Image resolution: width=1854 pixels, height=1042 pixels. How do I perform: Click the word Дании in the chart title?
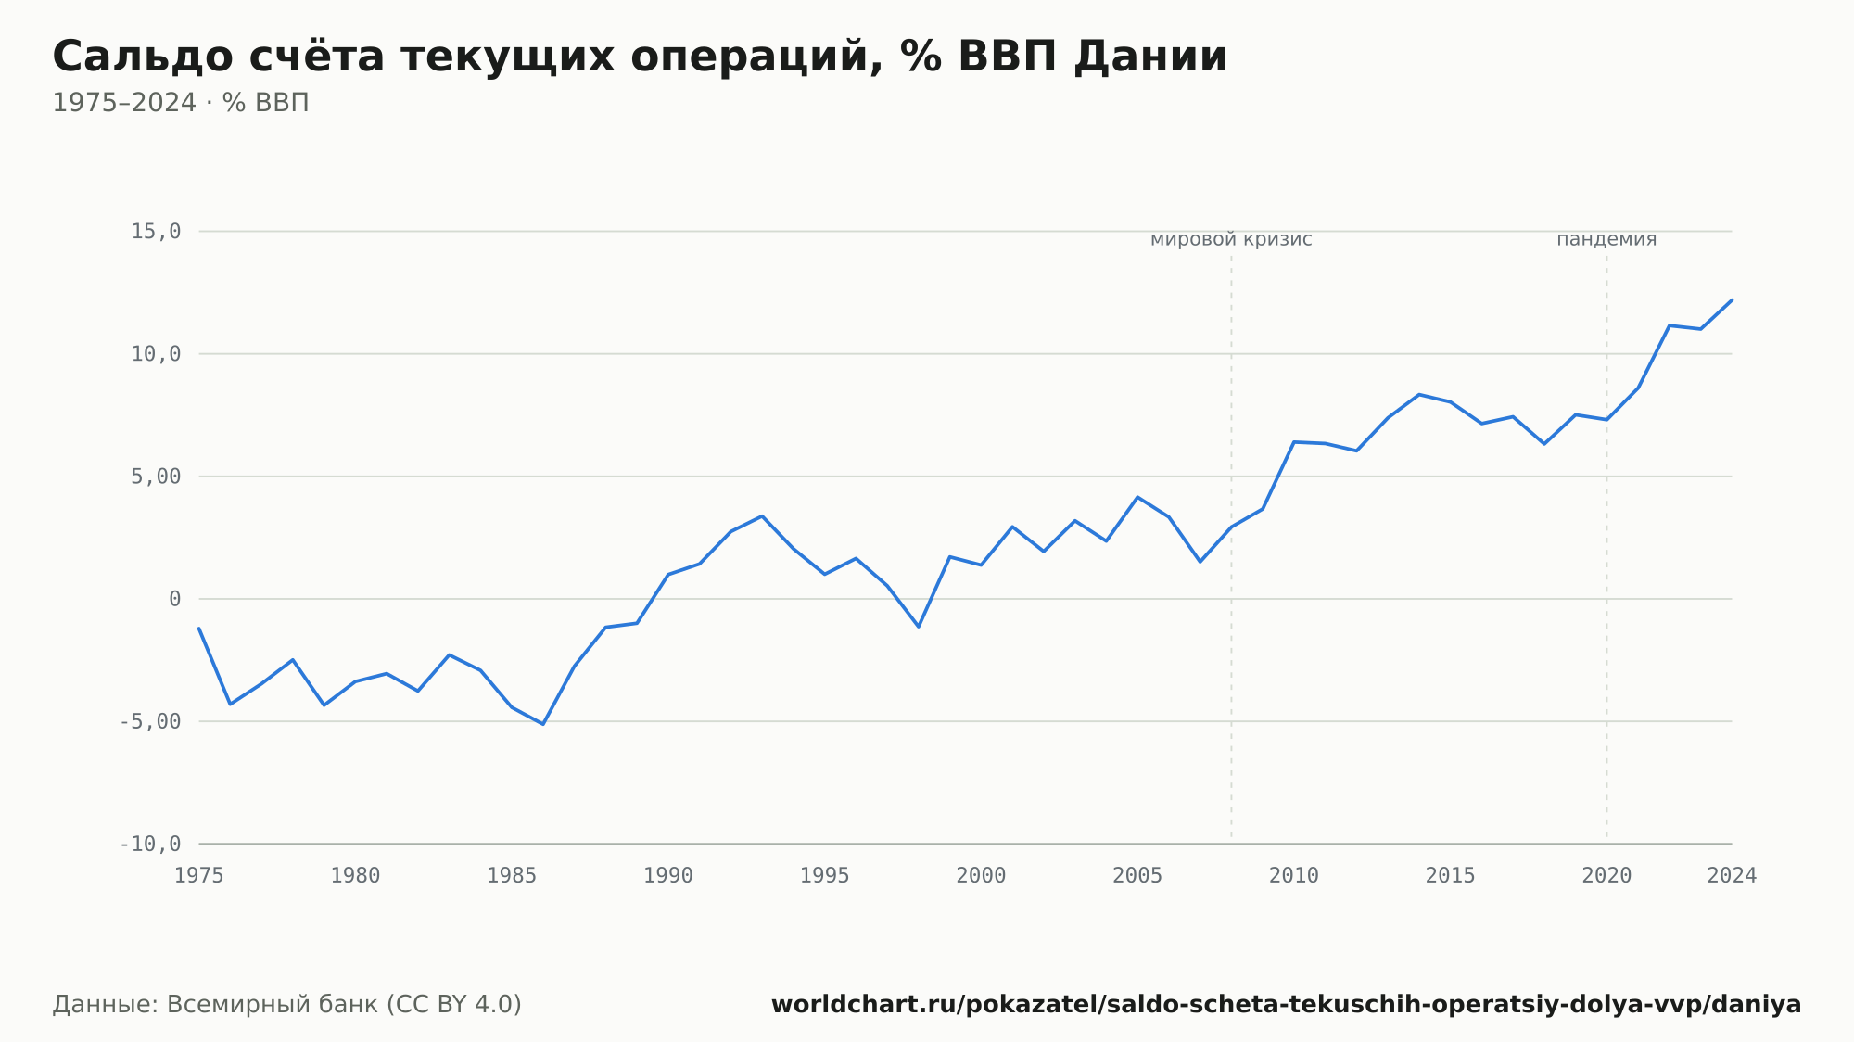[x=1150, y=57]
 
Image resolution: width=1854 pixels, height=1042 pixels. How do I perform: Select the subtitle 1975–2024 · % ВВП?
[x=181, y=103]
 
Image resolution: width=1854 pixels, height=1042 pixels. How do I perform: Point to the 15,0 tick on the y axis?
[x=156, y=232]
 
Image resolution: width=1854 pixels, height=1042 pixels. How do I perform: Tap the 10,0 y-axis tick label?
[x=156, y=354]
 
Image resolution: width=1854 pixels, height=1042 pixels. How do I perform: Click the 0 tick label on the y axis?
[x=175, y=599]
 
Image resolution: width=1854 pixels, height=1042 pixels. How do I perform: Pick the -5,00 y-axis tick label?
[x=150, y=721]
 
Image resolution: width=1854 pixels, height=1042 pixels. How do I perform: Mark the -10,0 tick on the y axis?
[x=150, y=844]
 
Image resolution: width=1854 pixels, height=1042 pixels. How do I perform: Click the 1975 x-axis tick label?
[x=199, y=876]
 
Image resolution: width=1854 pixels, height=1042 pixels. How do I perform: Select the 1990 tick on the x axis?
[x=668, y=876]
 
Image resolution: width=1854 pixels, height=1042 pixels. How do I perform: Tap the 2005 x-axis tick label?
[x=1137, y=876]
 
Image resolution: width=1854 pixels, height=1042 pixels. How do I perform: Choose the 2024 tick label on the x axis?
[x=1732, y=876]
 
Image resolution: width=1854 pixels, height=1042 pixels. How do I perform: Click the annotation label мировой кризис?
[x=1231, y=239]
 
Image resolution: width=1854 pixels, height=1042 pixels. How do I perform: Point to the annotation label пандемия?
[x=1606, y=239]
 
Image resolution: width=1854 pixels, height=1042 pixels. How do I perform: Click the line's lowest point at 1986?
[x=543, y=724]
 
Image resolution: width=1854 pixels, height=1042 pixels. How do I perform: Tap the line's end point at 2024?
[x=1732, y=299]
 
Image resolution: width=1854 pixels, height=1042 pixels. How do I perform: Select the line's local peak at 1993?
[x=762, y=516]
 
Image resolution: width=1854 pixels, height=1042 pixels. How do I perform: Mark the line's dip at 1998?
[x=919, y=627]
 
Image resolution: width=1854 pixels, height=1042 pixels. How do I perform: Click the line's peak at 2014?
[x=1419, y=395]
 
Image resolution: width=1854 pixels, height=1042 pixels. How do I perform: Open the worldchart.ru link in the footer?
[x=1286, y=1005]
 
